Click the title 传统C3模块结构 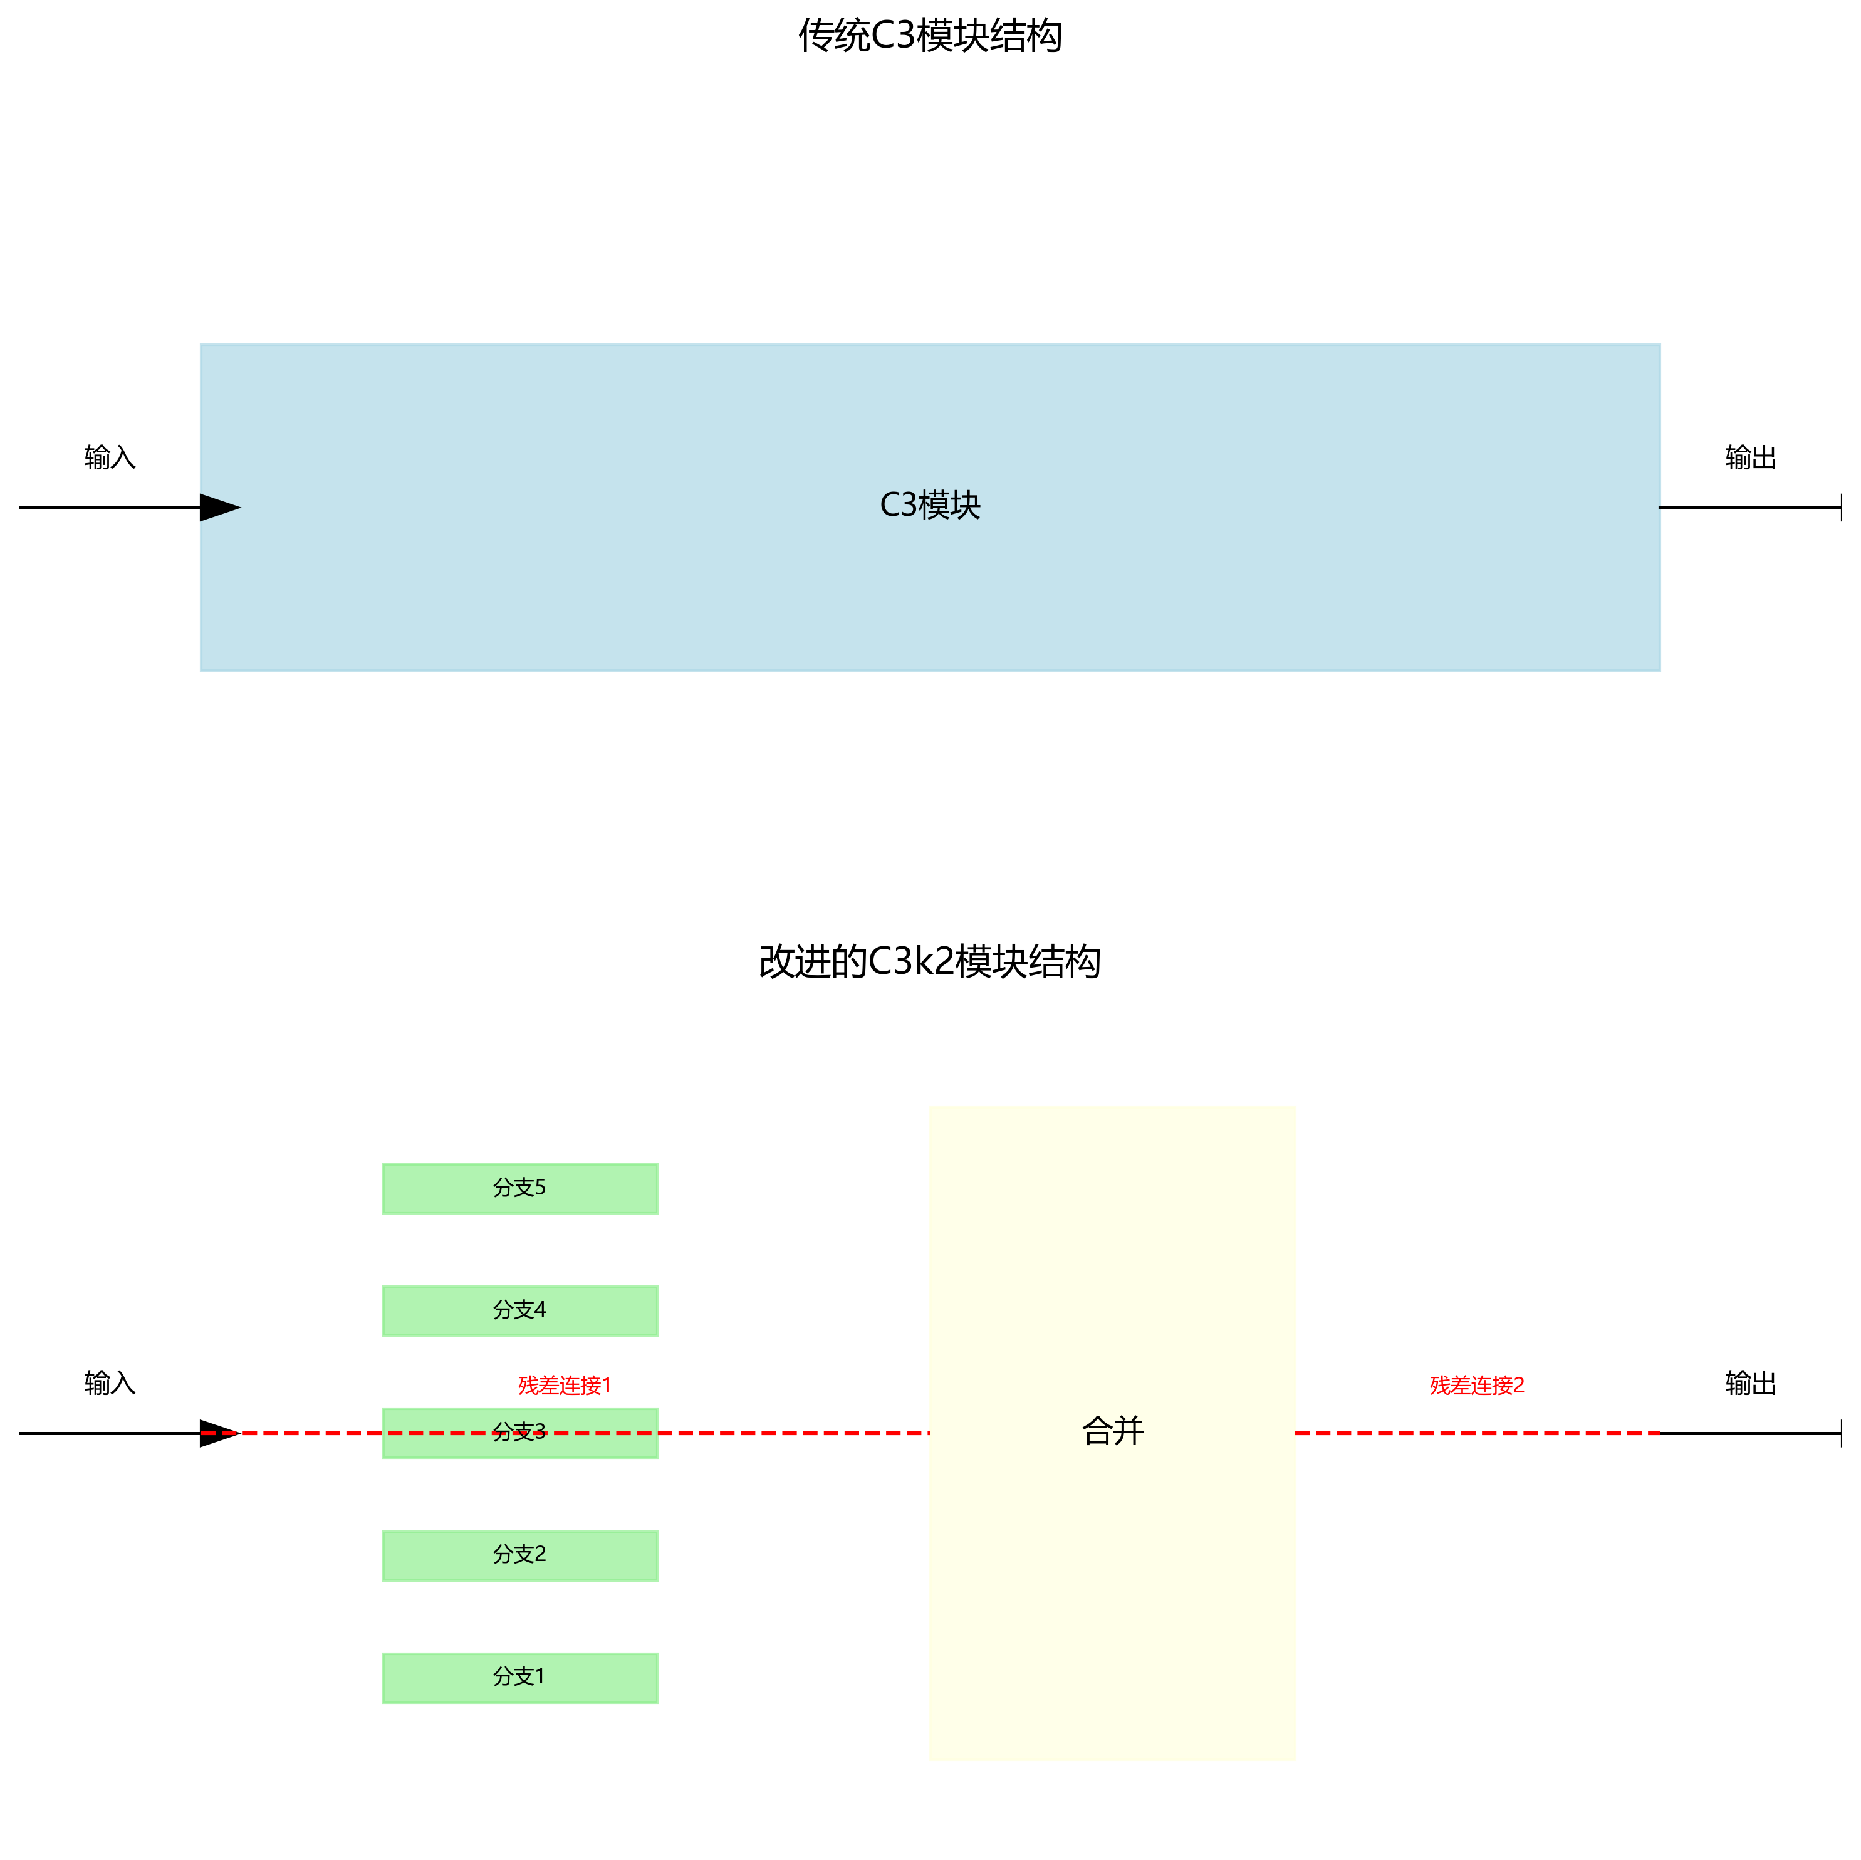tap(929, 36)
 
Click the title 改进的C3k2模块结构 tap(929, 962)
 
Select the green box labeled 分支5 tap(520, 1189)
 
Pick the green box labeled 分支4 tap(520, 1311)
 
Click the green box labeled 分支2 tap(520, 1555)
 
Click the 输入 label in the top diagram tap(110, 457)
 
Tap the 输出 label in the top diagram tap(1750, 457)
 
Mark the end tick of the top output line tap(1841, 508)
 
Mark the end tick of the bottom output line tap(1841, 1433)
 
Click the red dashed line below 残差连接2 tap(1477, 1433)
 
